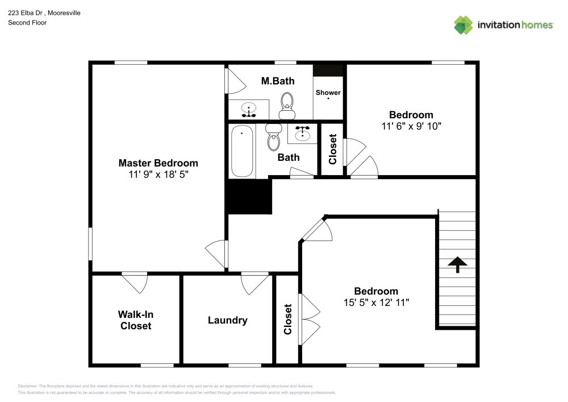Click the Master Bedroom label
tap(158, 163)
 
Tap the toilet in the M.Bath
tap(287, 105)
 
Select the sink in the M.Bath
tap(248, 108)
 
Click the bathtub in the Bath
tap(243, 151)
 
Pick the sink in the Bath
tap(302, 134)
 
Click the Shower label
tap(328, 93)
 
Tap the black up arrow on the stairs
tap(457, 264)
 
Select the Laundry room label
tap(227, 320)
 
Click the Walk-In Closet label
tap(135, 320)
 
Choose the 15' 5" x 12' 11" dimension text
tap(376, 302)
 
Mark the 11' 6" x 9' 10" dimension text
tap(411, 126)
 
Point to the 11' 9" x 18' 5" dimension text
tap(158, 175)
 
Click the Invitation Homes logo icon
tap(463, 24)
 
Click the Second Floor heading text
tap(27, 23)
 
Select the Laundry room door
tap(254, 281)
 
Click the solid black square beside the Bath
tap(249, 197)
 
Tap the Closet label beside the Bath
tap(333, 149)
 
